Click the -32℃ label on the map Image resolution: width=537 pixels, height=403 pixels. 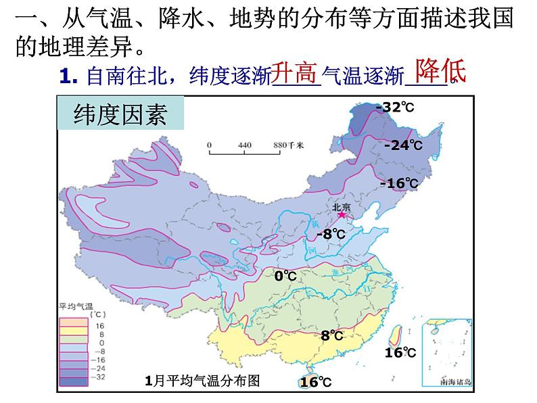click(394, 108)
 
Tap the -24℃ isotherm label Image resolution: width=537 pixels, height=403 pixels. click(402, 145)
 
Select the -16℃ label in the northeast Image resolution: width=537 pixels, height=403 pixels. click(399, 183)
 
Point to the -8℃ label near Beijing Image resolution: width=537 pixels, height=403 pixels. click(331, 234)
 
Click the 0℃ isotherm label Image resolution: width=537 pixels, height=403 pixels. click(285, 276)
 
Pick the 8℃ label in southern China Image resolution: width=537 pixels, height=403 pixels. click(332, 335)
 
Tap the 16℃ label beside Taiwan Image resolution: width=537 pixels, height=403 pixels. click(400, 352)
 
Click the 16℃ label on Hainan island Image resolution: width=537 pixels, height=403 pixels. click(316, 382)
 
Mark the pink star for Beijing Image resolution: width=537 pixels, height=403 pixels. click(342, 215)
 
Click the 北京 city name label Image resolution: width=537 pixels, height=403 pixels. click(341, 206)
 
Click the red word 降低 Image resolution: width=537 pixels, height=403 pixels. click(440, 69)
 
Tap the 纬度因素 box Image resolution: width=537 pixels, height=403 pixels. click(120, 114)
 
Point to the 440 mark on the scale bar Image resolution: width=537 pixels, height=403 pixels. click(244, 145)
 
